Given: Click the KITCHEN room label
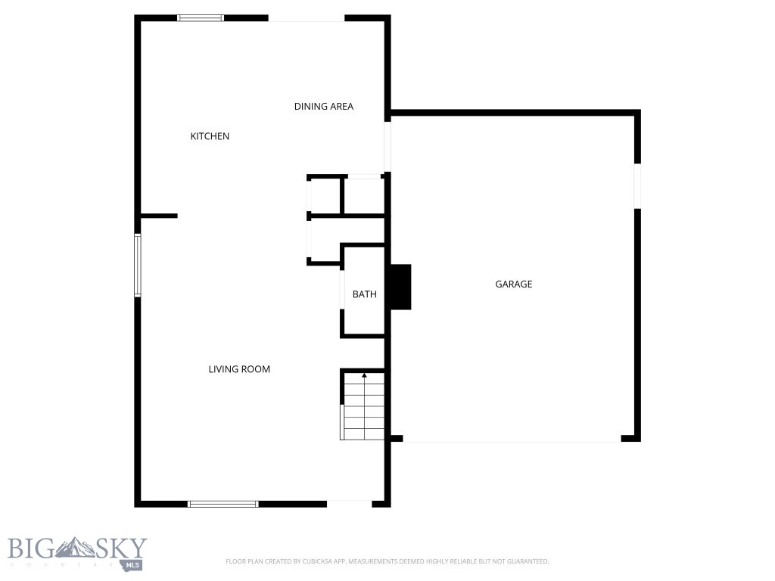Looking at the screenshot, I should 210,136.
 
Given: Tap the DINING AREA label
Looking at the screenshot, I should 324,107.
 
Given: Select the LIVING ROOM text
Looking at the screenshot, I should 239,369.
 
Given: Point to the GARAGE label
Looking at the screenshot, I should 514,284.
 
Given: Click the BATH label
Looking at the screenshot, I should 364,294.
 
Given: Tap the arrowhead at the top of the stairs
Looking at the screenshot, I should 364,374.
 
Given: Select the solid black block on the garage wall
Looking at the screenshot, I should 400,287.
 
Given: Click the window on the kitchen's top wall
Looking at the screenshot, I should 201,17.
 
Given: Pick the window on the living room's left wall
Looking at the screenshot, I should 138,265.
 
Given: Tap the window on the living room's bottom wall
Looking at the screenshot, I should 223,503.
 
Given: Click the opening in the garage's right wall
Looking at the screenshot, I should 637,185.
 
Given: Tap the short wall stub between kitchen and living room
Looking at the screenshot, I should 159,216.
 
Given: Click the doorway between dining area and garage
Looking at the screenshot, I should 387,146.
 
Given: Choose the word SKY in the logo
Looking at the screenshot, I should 120,548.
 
